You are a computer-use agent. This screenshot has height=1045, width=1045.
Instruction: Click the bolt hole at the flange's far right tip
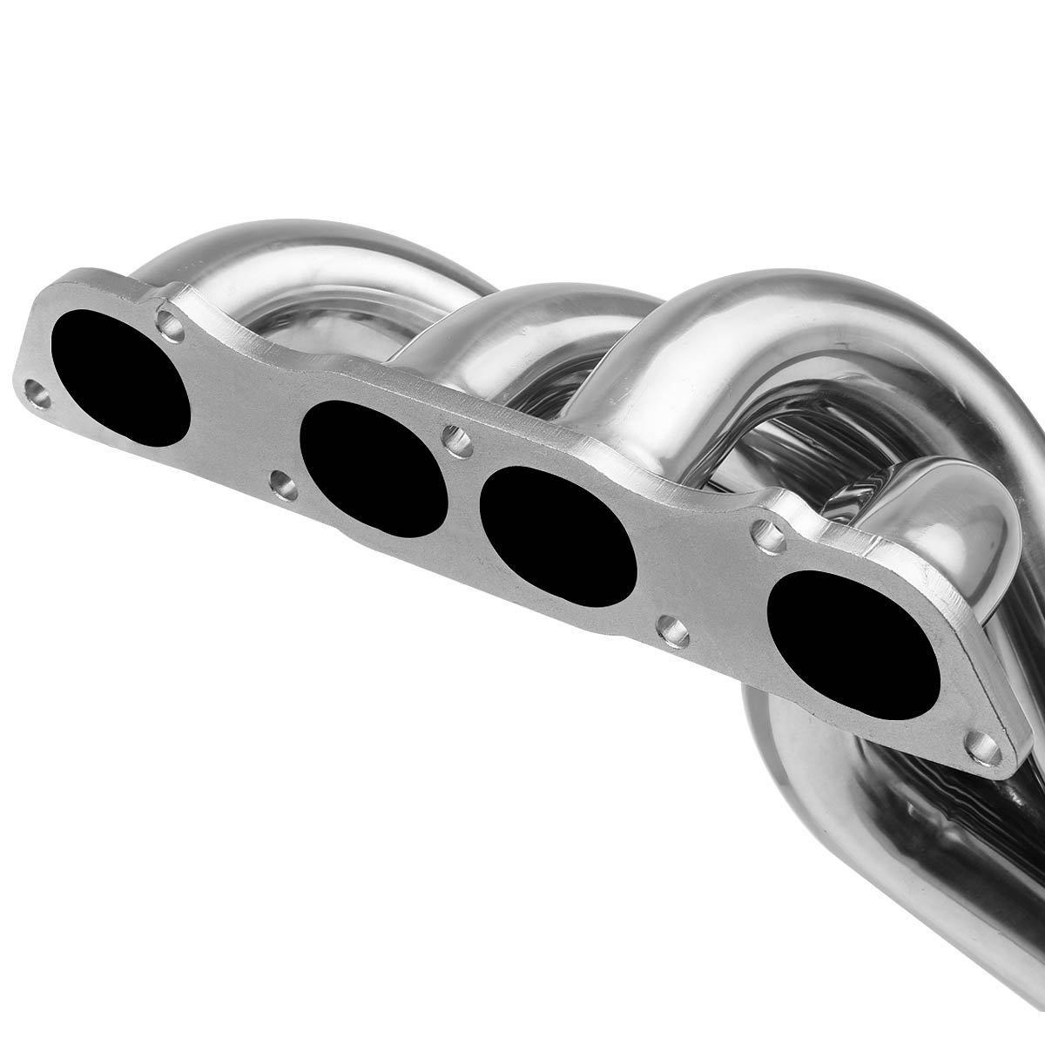[x=982, y=742]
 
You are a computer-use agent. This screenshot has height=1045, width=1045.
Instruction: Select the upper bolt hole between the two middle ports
[x=455, y=441]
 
